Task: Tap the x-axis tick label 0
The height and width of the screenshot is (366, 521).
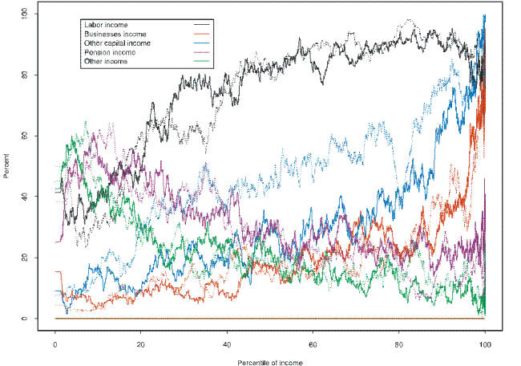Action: [55, 344]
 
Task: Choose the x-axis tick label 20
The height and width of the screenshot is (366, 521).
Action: [141, 344]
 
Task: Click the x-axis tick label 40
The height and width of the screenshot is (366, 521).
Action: [227, 344]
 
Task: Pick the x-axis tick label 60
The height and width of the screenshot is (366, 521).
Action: [313, 344]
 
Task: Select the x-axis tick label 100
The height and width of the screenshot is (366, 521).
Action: [484, 344]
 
